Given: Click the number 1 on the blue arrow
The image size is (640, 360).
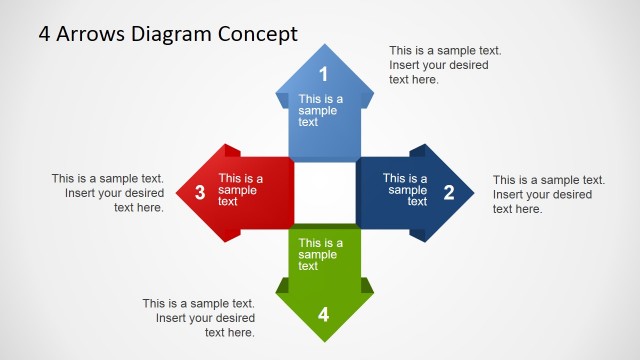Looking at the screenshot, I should pyautogui.click(x=323, y=73).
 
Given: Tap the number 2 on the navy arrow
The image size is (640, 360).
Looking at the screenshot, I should pyautogui.click(x=449, y=193).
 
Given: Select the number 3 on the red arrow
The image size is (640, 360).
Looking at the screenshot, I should pyautogui.click(x=200, y=193).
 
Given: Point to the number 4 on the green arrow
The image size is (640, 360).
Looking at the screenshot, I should pyautogui.click(x=323, y=314).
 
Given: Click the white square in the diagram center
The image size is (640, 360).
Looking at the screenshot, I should pyautogui.click(x=324, y=193).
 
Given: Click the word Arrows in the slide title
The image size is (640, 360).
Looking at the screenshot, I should pyautogui.click(x=90, y=34).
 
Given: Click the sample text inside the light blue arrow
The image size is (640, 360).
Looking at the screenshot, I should pyautogui.click(x=321, y=110).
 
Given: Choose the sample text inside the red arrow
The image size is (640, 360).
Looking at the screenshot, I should pyautogui.click(x=241, y=190).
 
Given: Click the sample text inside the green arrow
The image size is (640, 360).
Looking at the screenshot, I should pyautogui.click(x=321, y=254).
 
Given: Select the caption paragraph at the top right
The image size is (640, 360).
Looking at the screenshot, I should pyautogui.click(x=445, y=65).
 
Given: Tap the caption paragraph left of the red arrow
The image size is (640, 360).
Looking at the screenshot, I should pyautogui.click(x=108, y=193).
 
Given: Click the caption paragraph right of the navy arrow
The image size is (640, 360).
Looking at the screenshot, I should pyautogui.click(x=548, y=194).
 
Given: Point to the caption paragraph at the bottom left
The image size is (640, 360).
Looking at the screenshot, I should pyautogui.click(x=198, y=318).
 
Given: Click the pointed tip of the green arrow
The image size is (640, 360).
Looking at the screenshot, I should pyautogui.click(x=324, y=340).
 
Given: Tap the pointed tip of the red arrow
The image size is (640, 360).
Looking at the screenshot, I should pyautogui.click(x=177, y=193).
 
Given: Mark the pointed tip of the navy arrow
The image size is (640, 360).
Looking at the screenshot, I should pyautogui.click(x=471, y=193).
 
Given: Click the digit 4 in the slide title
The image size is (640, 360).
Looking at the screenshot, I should pyautogui.click(x=45, y=34).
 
